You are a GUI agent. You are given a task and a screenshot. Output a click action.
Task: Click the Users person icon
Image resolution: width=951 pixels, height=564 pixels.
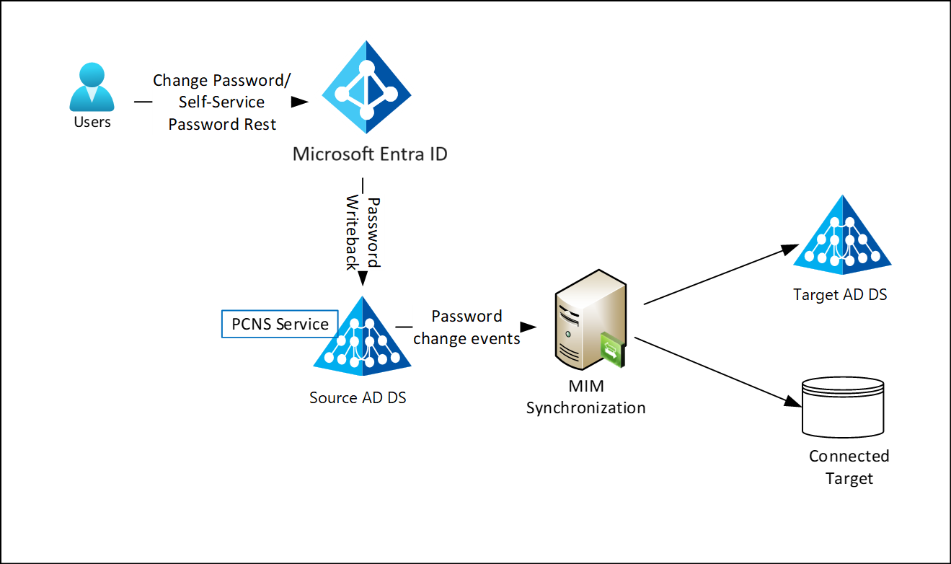(x=92, y=87)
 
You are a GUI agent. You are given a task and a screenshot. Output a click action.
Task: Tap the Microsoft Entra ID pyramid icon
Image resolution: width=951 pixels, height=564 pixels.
(x=366, y=87)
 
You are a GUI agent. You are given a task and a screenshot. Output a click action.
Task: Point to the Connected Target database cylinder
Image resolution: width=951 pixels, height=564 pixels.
(x=843, y=407)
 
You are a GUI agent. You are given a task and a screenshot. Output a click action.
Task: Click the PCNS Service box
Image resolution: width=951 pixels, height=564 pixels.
(x=280, y=324)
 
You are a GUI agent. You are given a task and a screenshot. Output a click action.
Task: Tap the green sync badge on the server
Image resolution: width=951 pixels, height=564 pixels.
(x=612, y=351)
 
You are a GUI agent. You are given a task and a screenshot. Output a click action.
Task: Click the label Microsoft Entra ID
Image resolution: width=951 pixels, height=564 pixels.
(x=370, y=154)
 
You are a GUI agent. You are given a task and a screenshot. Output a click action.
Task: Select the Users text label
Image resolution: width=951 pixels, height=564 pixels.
(x=92, y=122)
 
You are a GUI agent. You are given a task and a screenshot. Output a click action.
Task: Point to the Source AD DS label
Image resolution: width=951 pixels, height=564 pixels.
(x=358, y=397)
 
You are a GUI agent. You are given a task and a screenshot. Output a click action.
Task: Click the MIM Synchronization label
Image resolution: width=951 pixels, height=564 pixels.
(x=585, y=397)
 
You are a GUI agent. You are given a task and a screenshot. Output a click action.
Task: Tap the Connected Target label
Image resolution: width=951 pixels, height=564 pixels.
(x=849, y=467)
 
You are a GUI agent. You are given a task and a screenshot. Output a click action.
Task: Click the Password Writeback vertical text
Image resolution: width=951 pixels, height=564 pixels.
(x=363, y=232)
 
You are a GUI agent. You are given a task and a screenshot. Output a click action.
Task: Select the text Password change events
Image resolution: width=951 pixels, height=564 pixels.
(x=467, y=327)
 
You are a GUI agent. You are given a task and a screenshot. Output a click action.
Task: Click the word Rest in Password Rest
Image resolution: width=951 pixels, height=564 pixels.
(x=260, y=124)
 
